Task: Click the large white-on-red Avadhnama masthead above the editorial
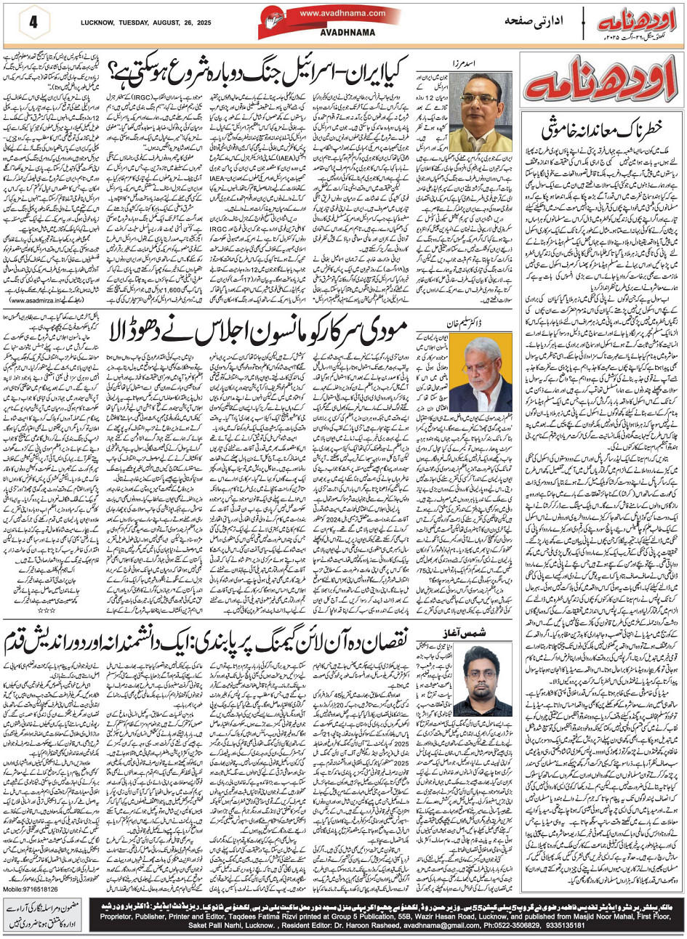[601, 82]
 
